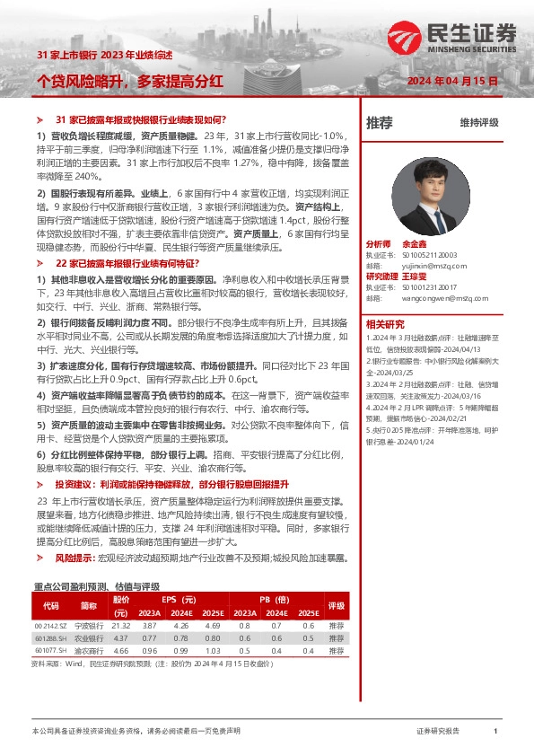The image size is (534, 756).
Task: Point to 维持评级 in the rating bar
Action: point(479,122)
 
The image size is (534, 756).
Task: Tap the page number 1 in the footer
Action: point(495,732)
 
